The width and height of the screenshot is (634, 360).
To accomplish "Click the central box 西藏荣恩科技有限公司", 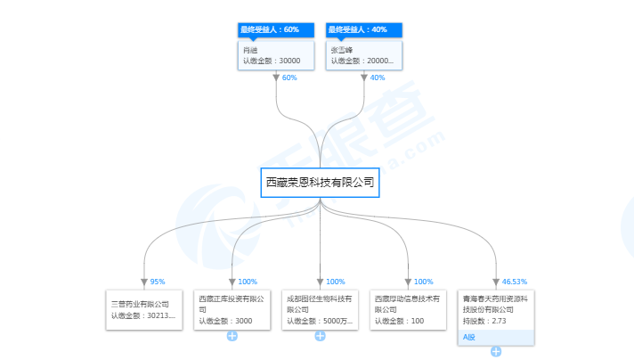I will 320,183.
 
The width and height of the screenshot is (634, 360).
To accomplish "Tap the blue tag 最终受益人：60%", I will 276,30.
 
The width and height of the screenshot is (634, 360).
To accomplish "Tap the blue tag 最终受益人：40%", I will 363,30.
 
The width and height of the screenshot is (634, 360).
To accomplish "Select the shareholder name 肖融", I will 249,50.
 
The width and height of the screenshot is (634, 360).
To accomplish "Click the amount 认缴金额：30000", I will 272,61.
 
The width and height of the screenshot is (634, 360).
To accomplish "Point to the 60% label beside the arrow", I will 289,78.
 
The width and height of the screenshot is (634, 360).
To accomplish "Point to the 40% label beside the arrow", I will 377,78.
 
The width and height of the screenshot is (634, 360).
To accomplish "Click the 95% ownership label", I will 158,282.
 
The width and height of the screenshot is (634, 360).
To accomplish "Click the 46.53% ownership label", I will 515,282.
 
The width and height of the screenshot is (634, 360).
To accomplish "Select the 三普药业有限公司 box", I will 142,309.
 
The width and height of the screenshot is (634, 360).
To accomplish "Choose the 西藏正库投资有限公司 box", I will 232,309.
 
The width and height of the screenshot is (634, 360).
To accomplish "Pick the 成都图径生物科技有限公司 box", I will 320,309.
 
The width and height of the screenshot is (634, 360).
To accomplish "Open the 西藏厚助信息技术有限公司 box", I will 408,309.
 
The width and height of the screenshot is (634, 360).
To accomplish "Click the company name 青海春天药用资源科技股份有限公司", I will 495,303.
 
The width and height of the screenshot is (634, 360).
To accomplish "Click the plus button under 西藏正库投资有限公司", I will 232,336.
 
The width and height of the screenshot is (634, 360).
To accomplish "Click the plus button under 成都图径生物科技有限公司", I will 320,336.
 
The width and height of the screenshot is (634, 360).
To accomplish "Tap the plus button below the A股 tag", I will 496,351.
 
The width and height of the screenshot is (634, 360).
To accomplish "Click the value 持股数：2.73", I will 485,321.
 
